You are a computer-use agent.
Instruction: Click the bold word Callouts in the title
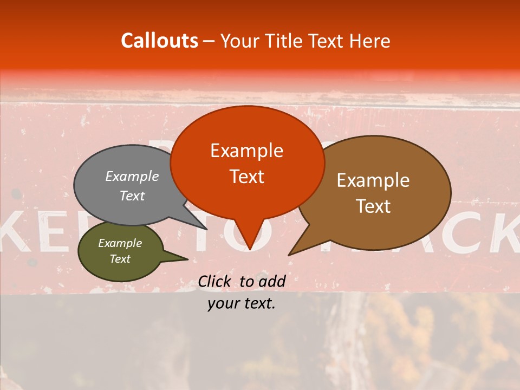pos(159,41)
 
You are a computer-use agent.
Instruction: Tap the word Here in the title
pos(370,41)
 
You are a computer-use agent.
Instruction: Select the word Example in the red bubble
pos(246,151)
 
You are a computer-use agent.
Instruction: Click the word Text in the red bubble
pos(246,177)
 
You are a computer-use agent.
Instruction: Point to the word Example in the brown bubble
pos(373,180)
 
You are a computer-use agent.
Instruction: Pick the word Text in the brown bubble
pos(373,206)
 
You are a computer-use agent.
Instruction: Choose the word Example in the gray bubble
pos(132,176)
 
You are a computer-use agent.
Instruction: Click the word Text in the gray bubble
pos(132,196)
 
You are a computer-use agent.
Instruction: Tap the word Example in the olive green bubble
pos(120,243)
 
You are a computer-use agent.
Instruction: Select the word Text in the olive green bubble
pos(120,259)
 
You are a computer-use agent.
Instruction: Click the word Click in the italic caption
pos(215,281)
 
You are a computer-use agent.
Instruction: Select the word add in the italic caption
pos(272,281)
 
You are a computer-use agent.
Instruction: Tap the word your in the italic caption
pos(224,303)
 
